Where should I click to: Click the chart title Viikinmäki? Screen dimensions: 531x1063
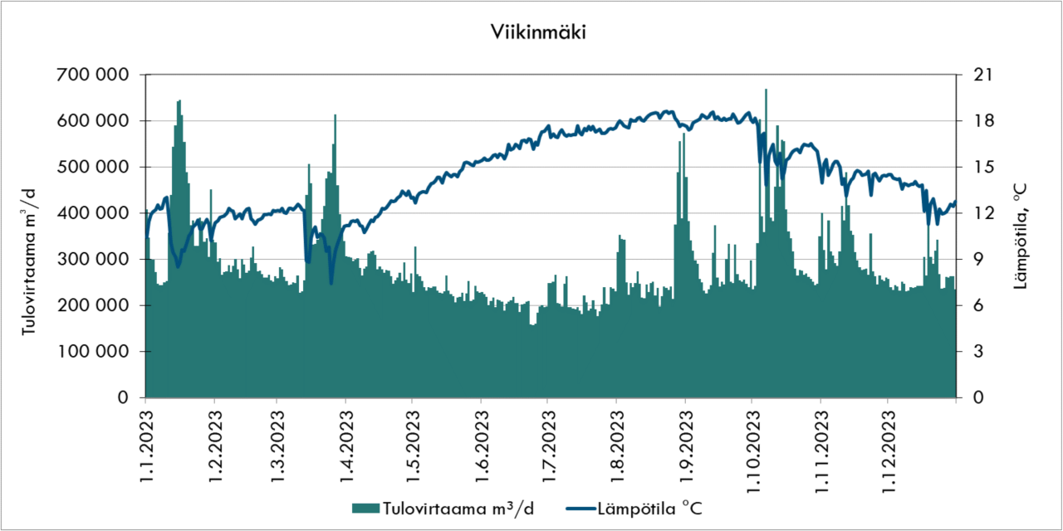coord(531,33)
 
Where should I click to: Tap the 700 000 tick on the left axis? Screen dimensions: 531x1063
coord(92,75)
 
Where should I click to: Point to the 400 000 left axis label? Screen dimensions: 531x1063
coord(92,213)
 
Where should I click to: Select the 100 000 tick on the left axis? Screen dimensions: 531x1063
coord(92,352)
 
